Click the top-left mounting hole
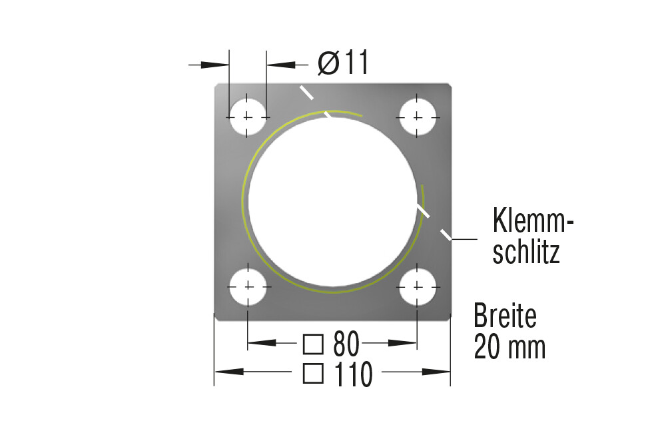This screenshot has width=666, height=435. pyautogui.click(x=248, y=117)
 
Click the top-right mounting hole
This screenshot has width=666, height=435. pyautogui.click(x=418, y=117)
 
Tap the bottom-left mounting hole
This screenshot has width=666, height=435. pyautogui.click(x=248, y=286)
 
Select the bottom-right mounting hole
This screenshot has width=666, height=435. pyautogui.click(x=418, y=286)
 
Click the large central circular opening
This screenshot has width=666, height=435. pyautogui.click(x=332, y=202)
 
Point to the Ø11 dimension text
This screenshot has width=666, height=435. pyautogui.click(x=343, y=63)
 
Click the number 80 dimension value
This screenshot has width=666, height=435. pyautogui.click(x=346, y=344)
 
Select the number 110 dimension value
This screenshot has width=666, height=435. pyautogui.click(x=354, y=374)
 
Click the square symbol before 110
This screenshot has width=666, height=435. pyautogui.click(x=313, y=374)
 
